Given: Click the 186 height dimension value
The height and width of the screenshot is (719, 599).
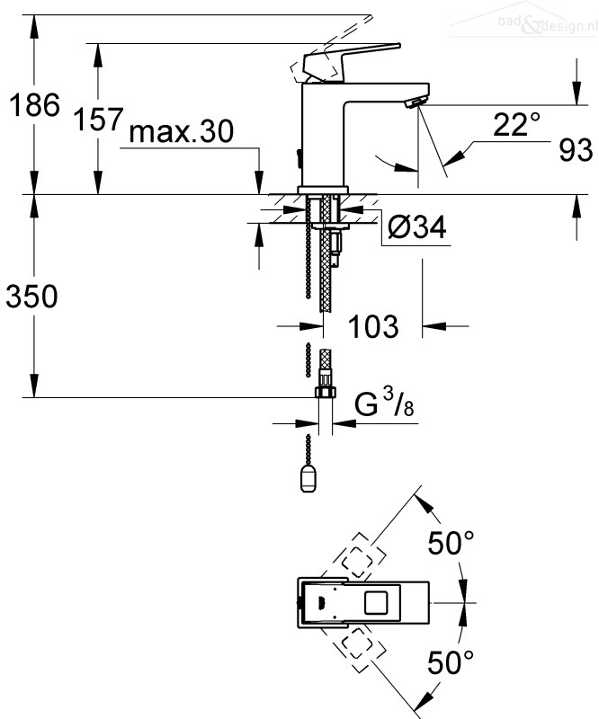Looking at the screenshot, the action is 34,105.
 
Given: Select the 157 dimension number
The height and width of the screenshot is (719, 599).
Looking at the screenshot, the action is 98,120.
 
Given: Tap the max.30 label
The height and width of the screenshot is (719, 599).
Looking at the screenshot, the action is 182,131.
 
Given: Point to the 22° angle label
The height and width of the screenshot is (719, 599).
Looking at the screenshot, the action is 516,124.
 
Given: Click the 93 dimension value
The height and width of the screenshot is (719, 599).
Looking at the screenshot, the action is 576,149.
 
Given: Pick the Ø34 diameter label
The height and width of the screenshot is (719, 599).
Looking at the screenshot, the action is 416,227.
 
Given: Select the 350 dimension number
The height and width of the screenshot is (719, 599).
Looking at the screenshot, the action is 31,296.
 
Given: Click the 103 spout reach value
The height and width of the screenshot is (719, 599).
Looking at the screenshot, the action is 373,326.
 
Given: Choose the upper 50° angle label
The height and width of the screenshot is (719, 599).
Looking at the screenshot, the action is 451,543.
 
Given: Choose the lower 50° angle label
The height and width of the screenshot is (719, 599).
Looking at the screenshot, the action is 451,661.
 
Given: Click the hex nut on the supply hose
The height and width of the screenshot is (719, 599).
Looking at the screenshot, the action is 326,392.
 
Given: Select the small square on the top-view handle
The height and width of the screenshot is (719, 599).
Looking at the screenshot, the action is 376,602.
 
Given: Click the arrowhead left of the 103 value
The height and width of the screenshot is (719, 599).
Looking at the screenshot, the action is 312,326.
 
